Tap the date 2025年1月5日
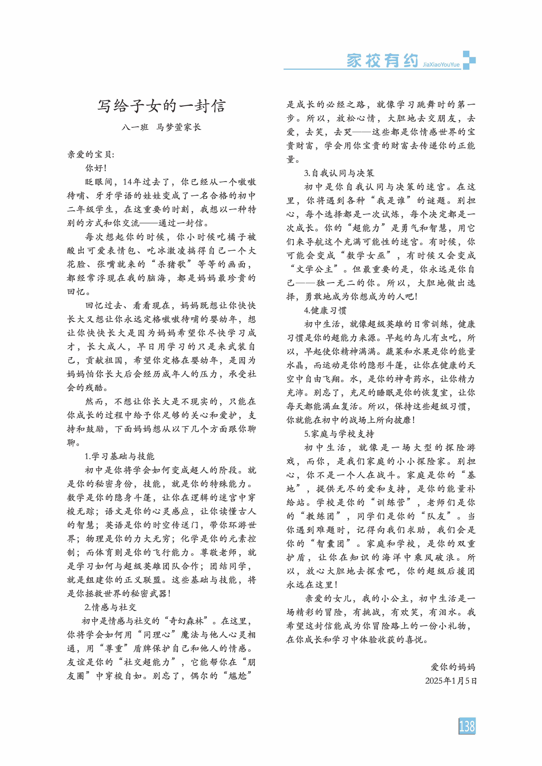point(450,681)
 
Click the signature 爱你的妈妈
point(453,667)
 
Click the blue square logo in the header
point(469,60)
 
